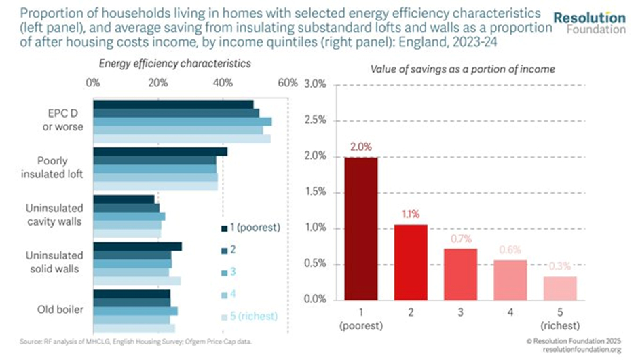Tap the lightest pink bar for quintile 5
tap(560, 288)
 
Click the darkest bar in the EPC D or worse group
tap(173, 104)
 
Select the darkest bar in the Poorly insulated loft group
tap(160, 151)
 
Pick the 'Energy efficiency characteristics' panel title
tap(175, 63)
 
